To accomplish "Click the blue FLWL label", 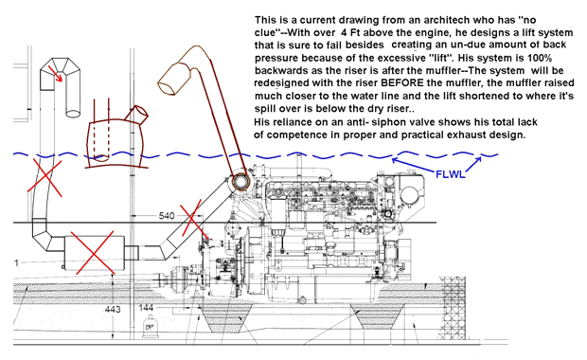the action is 451,174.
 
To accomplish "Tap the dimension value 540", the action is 167,216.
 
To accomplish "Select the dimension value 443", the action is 113,310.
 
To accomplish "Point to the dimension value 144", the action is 146,308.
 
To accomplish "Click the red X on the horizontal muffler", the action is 93,253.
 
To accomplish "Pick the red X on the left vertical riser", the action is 44,176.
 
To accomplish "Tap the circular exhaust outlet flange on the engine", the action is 240,182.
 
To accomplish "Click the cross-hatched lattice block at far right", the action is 454,308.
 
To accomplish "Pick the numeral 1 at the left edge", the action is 16,263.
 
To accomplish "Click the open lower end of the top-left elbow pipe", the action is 73,113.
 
